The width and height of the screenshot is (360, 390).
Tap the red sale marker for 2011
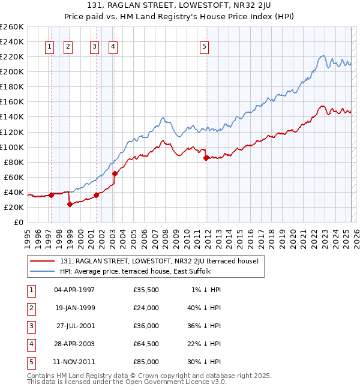click(206, 158)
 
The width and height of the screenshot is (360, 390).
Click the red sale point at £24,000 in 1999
click(70, 204)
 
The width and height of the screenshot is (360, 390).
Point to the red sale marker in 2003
click(115, 173)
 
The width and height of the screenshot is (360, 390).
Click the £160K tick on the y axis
click(11, 102)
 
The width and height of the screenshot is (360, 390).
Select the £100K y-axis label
click(11, 147)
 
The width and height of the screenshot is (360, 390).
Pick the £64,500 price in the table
click(146, 344)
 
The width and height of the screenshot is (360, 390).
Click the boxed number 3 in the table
click(31, 326)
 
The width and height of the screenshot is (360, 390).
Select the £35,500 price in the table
click(146, 290)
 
